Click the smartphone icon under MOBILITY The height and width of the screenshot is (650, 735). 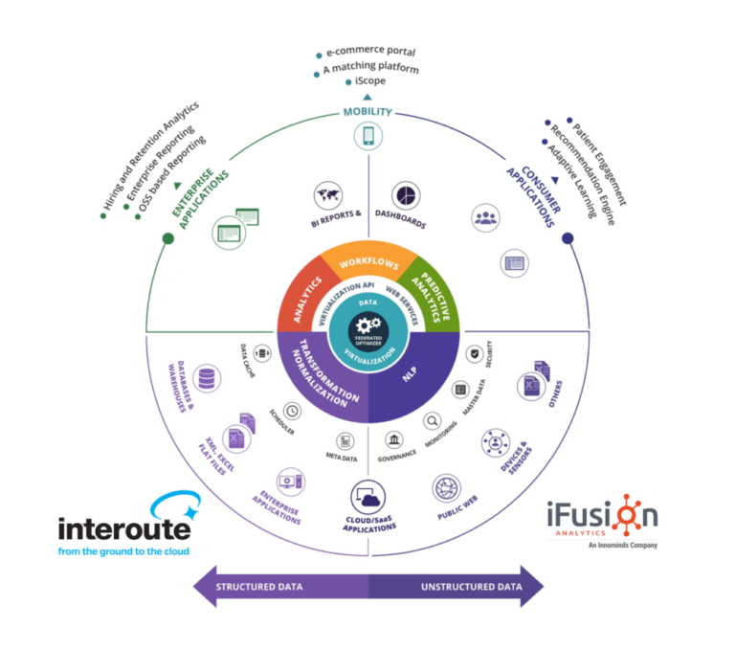[368, 136]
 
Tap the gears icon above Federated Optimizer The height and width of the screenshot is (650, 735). [368, 323]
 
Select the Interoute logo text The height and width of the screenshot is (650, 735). [124, 527]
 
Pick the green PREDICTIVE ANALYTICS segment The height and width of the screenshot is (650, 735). [430, 292]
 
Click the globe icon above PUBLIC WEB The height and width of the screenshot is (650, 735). [448, 489]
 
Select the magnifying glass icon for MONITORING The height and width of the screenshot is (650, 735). [433, 419]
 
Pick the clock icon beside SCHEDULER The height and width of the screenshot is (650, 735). [292, 411]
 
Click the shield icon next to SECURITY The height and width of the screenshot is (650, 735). [473, 354]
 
